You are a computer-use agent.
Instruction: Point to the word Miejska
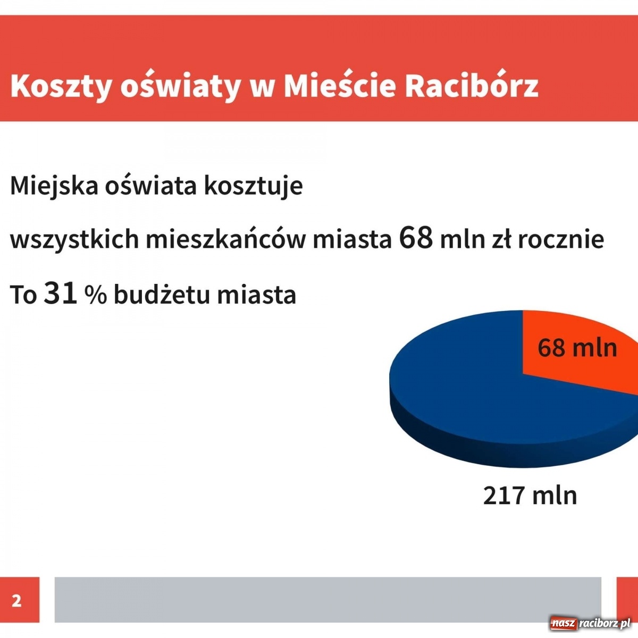pos(54,186)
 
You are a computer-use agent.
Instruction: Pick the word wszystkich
pos(74,239)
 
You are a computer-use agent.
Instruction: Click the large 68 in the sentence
pos(416,238)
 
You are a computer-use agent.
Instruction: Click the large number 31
pos(61,293)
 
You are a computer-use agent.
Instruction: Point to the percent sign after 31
pos(96,295)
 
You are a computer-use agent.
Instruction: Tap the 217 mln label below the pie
pos(530,495)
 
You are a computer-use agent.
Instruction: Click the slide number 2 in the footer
pos(17,600)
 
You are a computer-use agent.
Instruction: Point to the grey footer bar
pos(328,599)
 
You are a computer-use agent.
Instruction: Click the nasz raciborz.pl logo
pos(590,623)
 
